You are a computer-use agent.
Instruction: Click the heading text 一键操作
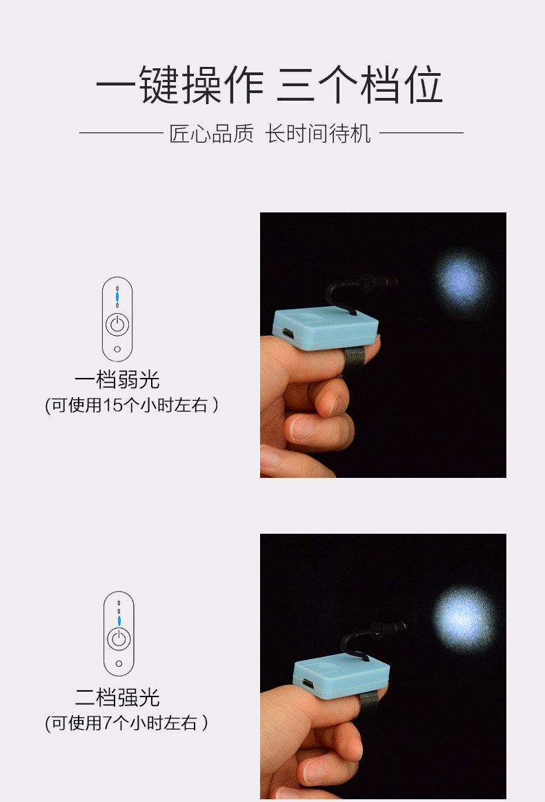(x=179, y=85)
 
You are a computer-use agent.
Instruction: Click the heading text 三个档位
(x=359, y=85)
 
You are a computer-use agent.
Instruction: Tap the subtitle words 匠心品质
(x=211, y=134)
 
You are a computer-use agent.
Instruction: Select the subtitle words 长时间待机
(x=318, y=134)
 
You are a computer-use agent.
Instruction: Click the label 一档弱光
(x=117, y=379)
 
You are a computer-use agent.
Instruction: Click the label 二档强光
(x=117, y=697)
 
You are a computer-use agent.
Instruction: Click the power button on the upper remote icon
(x=117, y=324)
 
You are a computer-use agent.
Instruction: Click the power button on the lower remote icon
(x=119, y=639)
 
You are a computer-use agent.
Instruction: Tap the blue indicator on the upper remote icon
(x=117, y=297)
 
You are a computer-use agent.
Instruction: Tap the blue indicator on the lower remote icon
(x=119, y=621)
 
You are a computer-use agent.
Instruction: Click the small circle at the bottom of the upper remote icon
(x=117, y=349)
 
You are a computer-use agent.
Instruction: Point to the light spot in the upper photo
(x=462, y=282)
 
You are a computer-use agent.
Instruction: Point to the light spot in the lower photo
(x=464, y=617)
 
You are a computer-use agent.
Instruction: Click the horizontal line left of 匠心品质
(x=121, y=133)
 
